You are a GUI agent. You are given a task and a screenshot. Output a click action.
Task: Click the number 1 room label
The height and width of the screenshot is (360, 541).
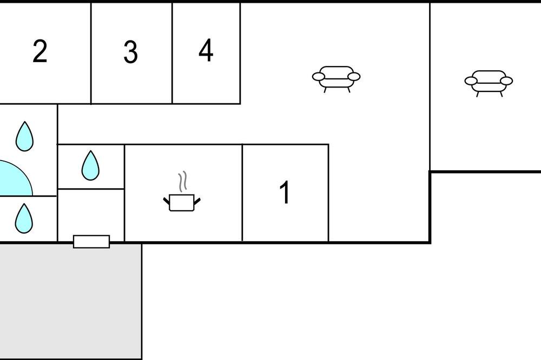285,192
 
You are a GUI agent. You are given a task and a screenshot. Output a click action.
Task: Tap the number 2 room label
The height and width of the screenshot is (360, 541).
40,51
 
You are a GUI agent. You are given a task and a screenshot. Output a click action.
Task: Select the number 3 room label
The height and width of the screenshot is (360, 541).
131,52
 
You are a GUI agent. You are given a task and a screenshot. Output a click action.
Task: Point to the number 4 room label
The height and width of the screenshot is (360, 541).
206,50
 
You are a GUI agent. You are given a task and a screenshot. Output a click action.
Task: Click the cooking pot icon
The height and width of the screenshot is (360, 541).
182,202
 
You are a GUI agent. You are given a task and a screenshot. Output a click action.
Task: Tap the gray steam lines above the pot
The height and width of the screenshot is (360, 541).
182,182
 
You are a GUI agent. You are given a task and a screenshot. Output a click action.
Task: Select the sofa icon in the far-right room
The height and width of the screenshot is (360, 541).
489,83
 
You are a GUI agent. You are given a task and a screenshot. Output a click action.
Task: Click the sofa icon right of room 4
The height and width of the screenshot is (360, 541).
336,79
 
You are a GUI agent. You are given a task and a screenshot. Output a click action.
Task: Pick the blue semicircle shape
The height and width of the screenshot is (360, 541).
16,178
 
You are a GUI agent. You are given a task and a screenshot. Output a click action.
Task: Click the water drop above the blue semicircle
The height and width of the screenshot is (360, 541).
24,137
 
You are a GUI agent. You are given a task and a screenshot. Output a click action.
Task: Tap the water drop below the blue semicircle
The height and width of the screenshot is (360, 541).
24,218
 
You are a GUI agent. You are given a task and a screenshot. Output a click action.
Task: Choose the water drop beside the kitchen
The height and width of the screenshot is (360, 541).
90,166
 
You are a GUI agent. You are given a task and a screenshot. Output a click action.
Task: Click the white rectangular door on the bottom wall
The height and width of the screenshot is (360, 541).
91,242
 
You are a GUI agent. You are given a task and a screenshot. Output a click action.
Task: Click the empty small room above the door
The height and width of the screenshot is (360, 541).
91,212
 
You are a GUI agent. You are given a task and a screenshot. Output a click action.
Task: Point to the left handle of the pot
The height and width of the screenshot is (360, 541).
166,201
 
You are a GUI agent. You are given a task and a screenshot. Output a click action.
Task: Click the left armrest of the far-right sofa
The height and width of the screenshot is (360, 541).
471,81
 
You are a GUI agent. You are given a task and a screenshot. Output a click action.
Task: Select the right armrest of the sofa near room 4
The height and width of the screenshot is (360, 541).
354,77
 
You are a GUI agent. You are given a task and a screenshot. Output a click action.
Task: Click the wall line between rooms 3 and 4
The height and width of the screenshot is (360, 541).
172,53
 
